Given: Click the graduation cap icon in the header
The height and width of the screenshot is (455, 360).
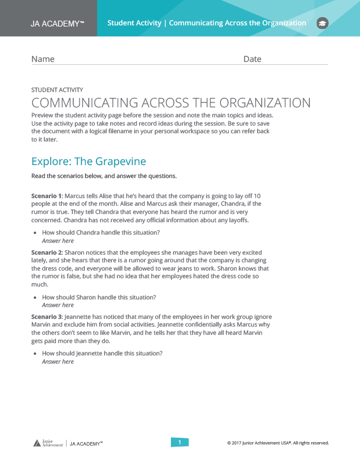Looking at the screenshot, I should point(322,23).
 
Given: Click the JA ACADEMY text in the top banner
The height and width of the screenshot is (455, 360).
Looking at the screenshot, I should point(57,24).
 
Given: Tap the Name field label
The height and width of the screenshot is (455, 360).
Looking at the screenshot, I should point(42,59).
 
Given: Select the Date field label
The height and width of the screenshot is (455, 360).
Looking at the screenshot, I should point(252,59).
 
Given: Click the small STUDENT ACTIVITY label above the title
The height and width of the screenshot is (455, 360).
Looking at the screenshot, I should point(57,90).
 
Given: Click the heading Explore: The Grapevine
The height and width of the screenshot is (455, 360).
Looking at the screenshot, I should point(88,161).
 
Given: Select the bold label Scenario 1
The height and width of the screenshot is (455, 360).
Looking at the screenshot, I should point(46,195).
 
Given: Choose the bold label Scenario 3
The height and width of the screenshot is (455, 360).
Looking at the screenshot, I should point(46,317).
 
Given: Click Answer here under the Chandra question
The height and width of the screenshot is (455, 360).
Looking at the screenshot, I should point(58,240).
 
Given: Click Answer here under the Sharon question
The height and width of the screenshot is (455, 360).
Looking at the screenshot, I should point(58,305).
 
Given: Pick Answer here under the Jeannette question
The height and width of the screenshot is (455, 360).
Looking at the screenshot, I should point(58,361).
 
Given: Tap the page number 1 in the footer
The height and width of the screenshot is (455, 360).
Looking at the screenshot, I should point(180,442).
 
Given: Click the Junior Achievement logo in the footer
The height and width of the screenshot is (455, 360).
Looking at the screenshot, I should point(47,443).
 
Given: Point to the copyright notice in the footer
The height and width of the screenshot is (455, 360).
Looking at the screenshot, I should point(278,443).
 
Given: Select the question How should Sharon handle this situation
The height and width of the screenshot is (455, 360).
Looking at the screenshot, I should point(99,297).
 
